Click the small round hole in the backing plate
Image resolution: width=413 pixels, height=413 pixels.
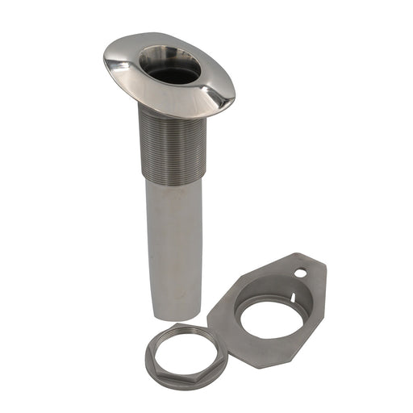[301, 273]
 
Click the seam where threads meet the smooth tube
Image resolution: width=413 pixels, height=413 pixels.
[172, 179]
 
